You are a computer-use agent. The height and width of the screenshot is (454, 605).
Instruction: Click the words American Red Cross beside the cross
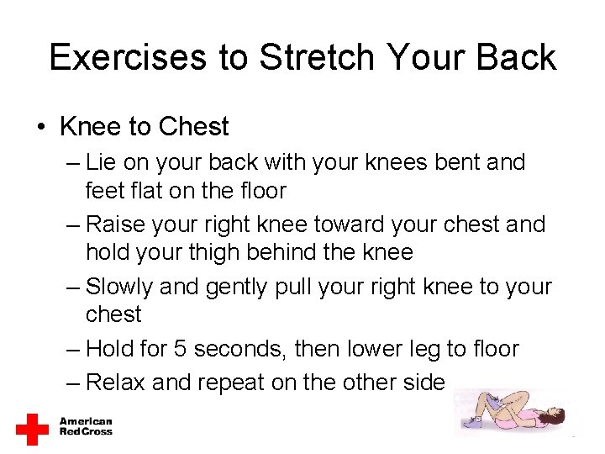tap(85, 427)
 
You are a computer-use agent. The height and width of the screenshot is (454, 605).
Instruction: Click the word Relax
tap(117, 383)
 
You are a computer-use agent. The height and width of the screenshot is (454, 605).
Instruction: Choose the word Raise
tap(116, 224)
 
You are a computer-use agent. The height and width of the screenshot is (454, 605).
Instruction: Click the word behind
tap(300, 251)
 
